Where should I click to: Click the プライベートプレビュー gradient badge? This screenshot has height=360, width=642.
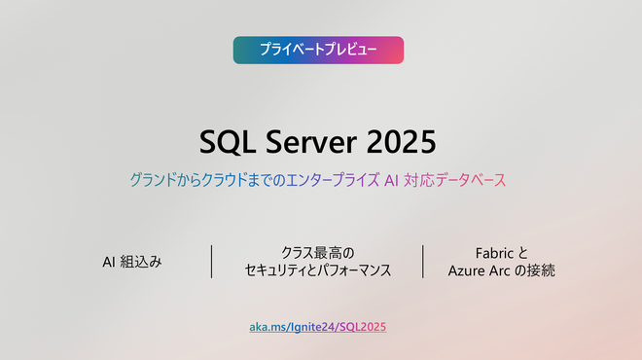[x=318, y=50]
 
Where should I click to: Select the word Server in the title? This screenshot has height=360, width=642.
[x=312, y=142]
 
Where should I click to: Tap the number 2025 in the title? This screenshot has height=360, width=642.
[x=402, y=142]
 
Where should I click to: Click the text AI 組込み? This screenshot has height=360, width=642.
[x=132, y=262]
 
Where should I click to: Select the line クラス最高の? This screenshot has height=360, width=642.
[x=318, y=252]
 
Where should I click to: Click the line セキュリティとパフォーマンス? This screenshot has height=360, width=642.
[x=318, y=271]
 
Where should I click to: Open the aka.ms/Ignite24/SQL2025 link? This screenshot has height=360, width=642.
[x=318, y=327]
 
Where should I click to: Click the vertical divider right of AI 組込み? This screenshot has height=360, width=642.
[x=212, y=262]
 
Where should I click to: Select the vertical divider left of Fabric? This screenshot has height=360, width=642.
[x=423, y=262]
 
